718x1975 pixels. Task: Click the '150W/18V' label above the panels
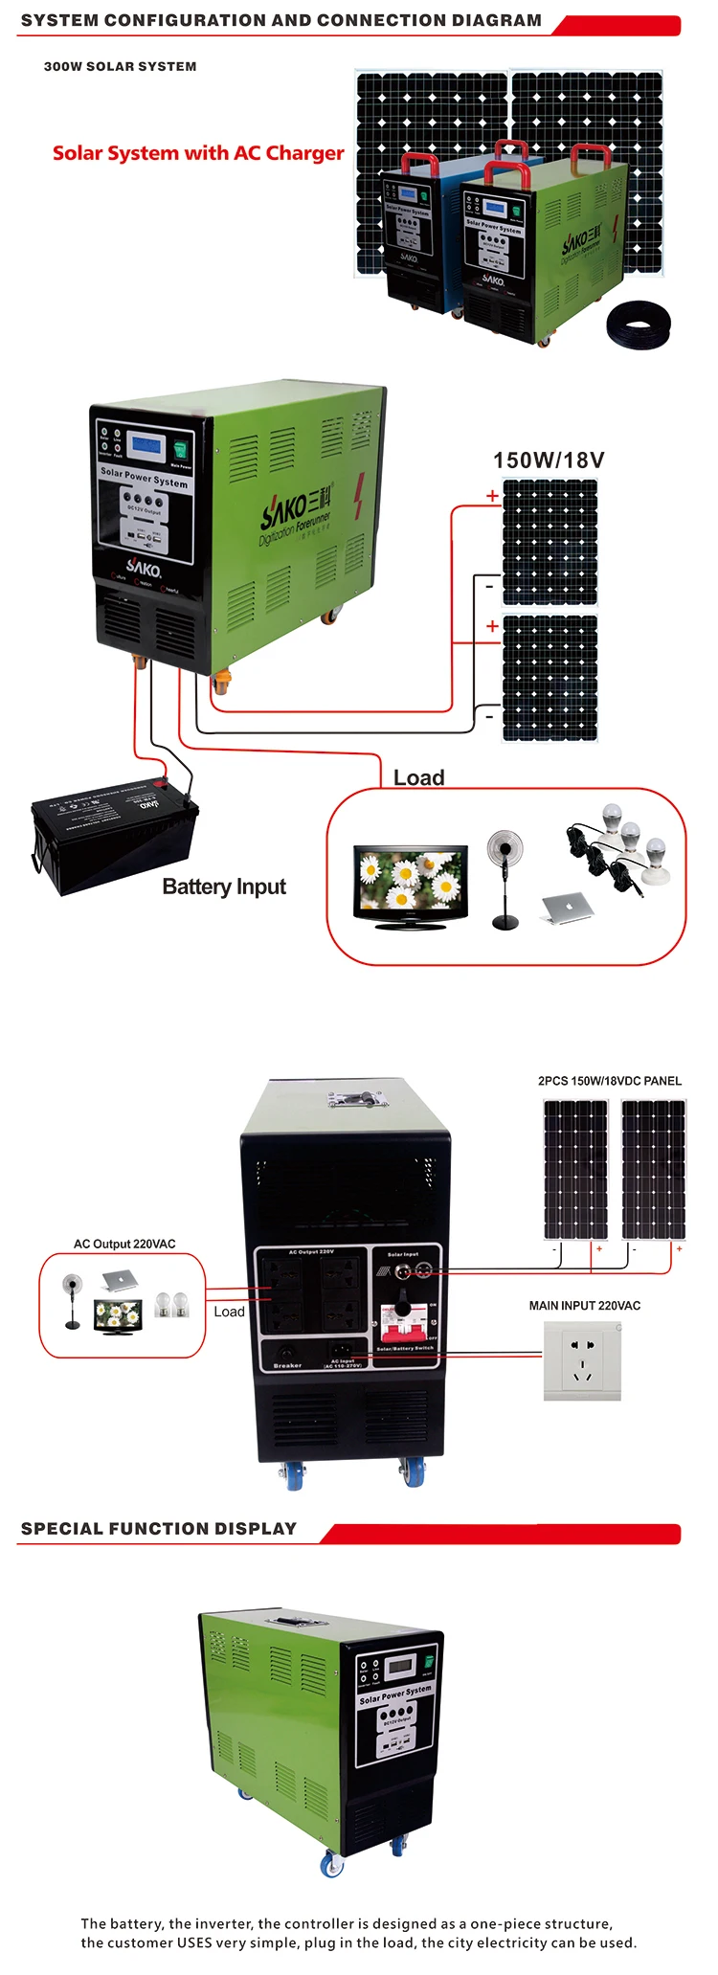click(549, 460)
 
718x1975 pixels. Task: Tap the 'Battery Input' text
click(224, 887)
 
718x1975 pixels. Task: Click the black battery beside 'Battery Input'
click(114, 832)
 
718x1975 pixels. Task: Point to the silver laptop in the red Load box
click(568, 908)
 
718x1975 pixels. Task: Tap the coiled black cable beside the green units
click(639, 325)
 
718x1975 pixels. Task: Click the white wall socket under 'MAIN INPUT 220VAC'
click(582, 1360)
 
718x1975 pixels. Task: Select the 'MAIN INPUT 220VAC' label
click(585, 1305)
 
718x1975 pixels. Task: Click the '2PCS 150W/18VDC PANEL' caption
click(610, 1081)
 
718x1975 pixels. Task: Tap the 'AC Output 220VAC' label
click(124, 1244)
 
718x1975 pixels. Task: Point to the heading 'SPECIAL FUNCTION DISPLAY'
click(159, 1529)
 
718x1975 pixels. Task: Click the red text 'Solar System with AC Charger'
click(198, 153)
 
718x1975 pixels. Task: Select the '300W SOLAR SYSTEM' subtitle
click(121, 67)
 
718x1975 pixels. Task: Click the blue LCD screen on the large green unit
click(146, 445)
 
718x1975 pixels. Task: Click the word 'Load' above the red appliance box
click(419, 777)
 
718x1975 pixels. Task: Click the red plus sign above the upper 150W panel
click(492, 496)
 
